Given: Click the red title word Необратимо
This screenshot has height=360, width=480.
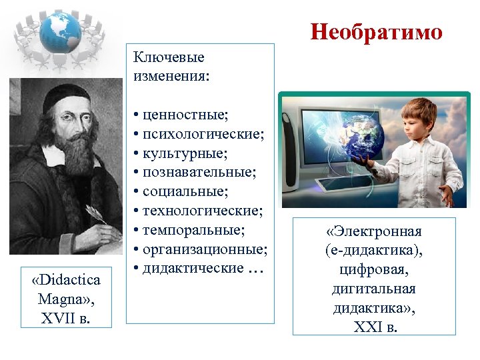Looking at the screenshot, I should pyautogui.click(x=376, y=32).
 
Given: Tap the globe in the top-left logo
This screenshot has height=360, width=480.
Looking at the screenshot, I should pyautogui.click(x=59, y=31).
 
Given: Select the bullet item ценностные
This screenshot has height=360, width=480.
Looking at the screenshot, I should pyautogui.click(x=184, y=115).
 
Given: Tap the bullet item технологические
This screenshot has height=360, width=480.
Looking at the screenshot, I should pyautogui.click(x=202, y=211).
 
